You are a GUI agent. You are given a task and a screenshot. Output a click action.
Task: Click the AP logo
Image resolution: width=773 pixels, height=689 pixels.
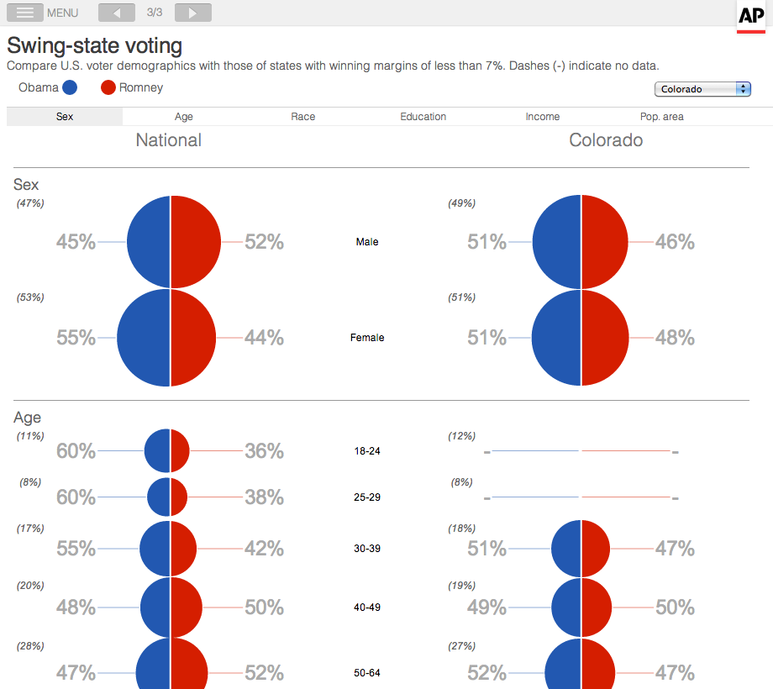coord(750,16)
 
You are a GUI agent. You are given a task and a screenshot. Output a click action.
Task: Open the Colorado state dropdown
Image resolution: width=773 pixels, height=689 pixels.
coord(702,89)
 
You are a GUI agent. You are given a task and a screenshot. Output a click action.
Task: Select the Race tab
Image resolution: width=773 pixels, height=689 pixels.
coord(303,117)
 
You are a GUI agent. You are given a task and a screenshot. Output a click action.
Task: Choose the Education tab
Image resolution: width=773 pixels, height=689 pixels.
coord(423,117)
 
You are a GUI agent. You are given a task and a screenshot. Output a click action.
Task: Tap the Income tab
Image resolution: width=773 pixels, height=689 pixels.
coord(543,117)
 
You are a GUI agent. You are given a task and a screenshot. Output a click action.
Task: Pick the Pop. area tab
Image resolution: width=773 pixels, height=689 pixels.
coord(661,117)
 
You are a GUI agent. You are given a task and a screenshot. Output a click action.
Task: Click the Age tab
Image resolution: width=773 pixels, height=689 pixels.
coord(183,117)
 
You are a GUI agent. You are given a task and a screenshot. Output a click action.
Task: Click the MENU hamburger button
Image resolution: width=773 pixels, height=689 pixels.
coord(25,13)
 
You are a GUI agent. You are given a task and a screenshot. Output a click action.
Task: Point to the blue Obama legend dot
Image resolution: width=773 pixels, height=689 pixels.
coord(71,87)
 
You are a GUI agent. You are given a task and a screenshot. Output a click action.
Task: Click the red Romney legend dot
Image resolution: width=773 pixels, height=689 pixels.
coord(108,87)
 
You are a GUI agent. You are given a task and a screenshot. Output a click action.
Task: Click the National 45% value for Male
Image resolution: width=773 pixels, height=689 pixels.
coord(76,242)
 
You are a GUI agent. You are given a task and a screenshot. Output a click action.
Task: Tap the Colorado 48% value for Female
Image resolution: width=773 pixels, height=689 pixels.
coord(675,338)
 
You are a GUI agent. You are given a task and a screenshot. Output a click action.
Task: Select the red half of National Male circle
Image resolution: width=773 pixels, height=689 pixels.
coord(196,242)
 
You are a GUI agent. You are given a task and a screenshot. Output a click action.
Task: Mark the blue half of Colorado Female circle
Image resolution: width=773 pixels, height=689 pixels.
coord(556,338)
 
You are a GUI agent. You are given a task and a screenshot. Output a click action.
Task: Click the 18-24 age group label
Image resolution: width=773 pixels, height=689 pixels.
coord(367,451)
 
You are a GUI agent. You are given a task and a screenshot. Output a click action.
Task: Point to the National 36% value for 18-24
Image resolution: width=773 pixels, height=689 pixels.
coord(264,451)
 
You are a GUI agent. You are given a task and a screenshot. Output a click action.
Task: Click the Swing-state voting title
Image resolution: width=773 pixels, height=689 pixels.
coord(94,45)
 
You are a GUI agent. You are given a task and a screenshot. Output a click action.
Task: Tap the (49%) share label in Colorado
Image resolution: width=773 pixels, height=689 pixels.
coord(462,203)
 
